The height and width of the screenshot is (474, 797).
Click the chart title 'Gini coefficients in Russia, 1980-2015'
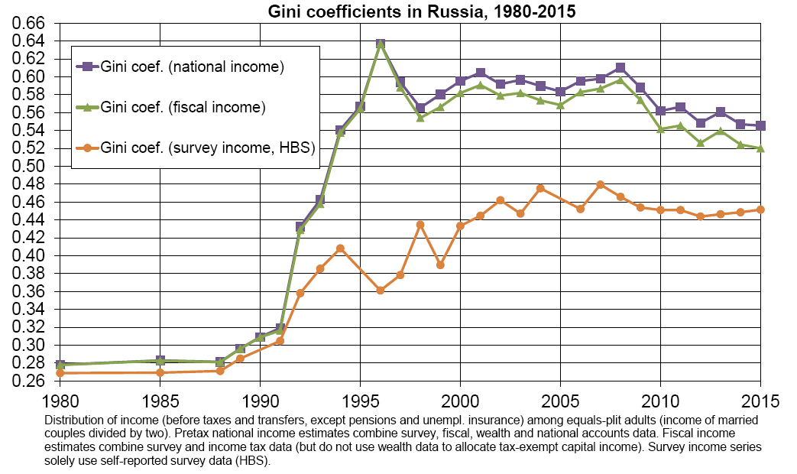(x=421, y=11)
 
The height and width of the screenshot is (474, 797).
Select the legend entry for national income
(x=193, y=67)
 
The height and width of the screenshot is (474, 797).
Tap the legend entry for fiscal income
(x=183, y=107)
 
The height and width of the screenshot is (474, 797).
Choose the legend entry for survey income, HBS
(x=208, y=148)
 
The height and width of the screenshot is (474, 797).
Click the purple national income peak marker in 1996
(x=380, y=44)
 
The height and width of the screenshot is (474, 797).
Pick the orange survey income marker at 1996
(x=380, y=291)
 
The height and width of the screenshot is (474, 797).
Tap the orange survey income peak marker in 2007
(x=600, y=184)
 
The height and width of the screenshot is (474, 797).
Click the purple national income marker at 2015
(x=760, y=125)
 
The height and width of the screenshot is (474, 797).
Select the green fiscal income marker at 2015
(x=760, y=148)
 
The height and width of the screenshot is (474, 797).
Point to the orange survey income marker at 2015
(x=760, y=209)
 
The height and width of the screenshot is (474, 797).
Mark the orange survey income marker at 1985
(x=160, y=372)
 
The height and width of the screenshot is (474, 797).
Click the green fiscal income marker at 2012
(x=700, y=142)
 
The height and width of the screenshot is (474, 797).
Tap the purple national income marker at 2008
(x=620, y=68)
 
